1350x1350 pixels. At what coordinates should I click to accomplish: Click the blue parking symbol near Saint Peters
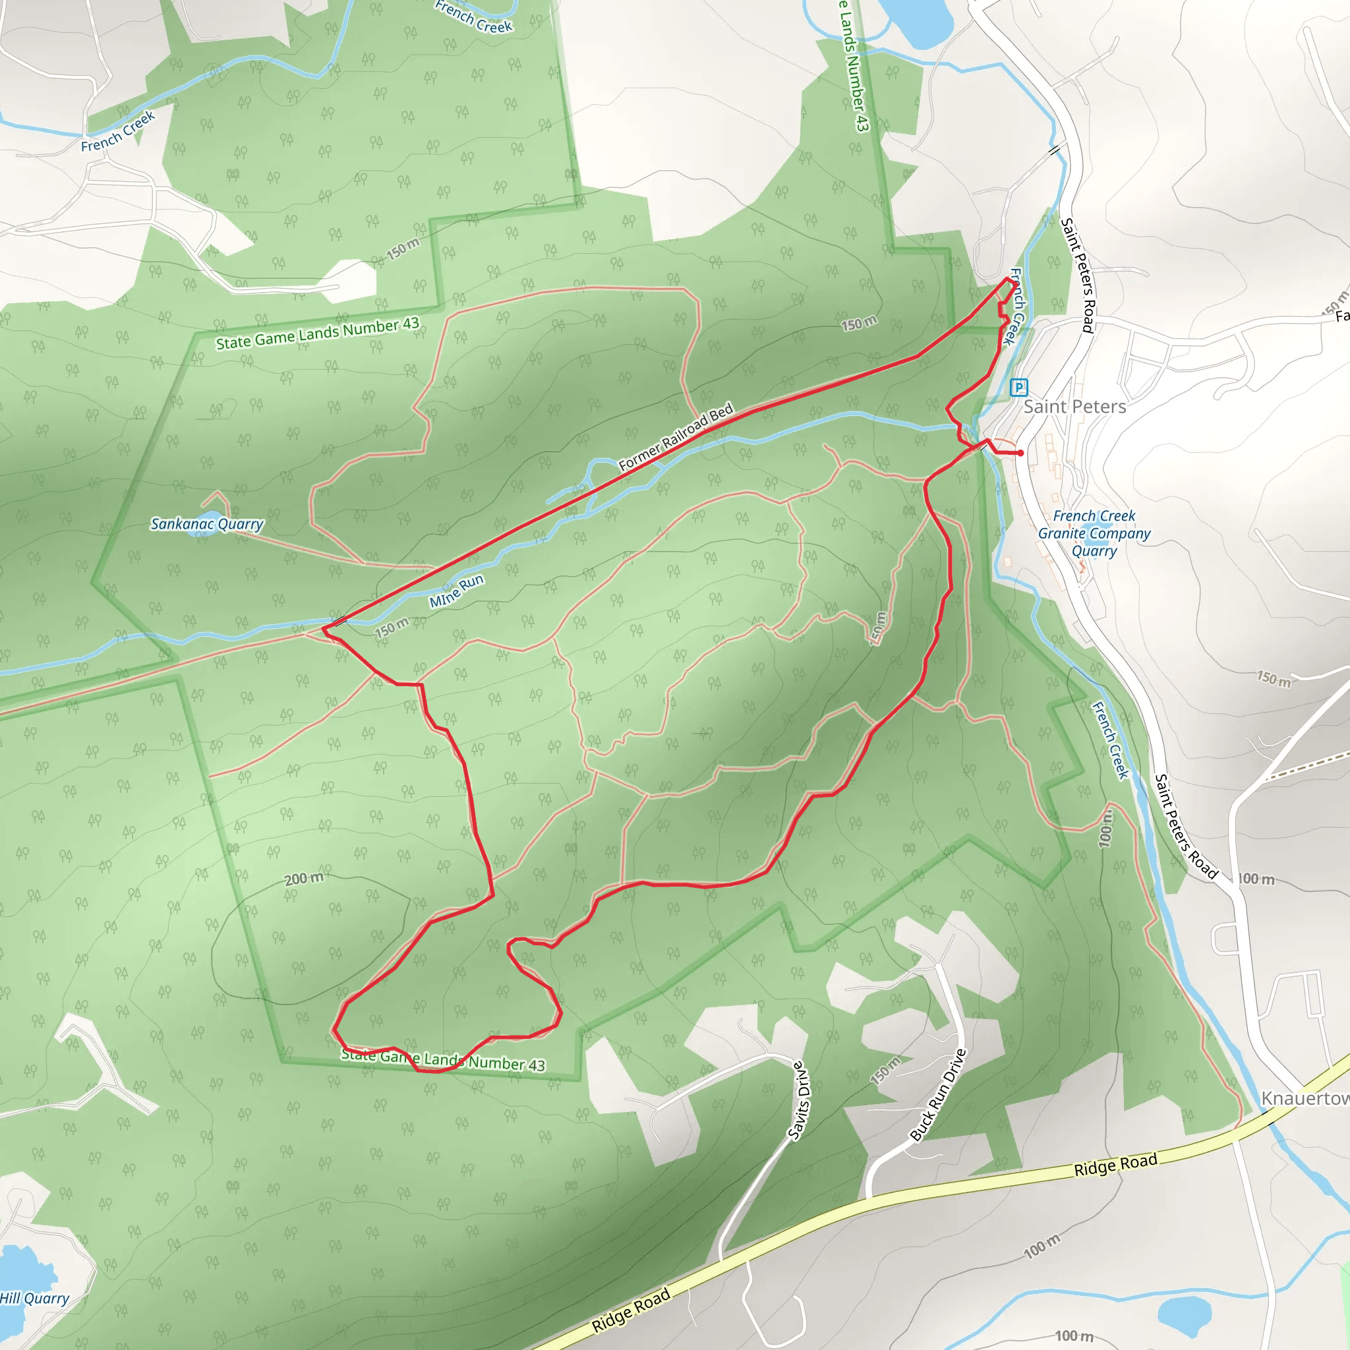coord(1019,387)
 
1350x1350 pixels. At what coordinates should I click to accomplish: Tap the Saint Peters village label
coord(1074,407)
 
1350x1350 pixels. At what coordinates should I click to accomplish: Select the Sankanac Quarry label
coord(207,524)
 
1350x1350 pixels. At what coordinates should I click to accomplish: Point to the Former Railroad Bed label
coord(676,437)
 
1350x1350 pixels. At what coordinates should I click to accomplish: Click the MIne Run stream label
coord(456,591)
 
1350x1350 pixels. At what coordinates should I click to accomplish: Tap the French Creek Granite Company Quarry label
coord(1094,533)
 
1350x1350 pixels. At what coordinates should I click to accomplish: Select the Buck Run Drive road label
coord(939,1095)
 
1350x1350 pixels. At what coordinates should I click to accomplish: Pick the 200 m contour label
coord(304,878)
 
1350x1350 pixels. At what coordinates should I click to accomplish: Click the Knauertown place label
coord(1305,1099)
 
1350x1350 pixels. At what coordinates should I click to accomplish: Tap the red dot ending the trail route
coord(1021,454)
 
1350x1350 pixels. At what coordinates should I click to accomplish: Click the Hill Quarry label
coord(34,1299)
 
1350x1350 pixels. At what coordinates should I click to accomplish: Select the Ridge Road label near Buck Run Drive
coord(1115,1165)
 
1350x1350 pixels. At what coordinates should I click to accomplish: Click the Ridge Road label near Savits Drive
coord(631,1310)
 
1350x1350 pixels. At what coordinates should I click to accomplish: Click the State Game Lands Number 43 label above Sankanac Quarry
coord(317,334)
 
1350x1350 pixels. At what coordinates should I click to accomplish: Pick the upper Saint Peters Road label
coord(1077,275)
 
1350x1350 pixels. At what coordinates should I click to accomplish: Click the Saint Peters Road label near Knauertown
coord(1186,826)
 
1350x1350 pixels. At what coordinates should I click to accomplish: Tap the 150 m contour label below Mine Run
coord(392,628)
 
